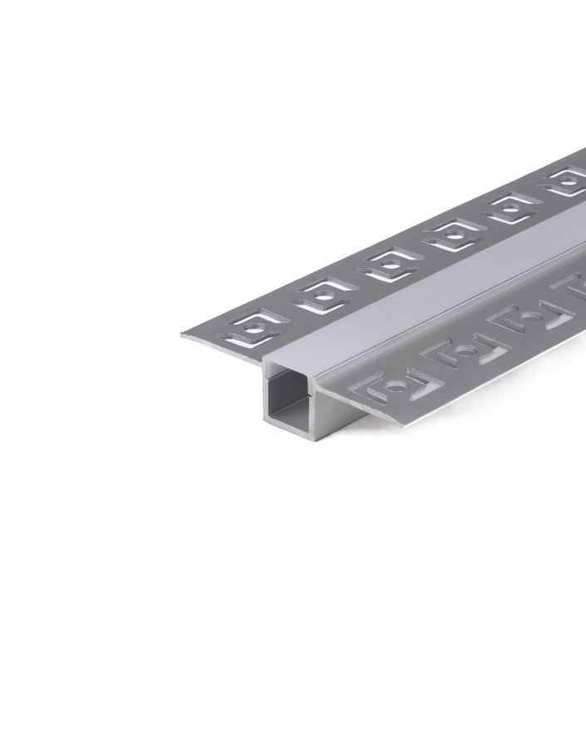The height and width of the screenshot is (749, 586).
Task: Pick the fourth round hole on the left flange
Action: point(453,236)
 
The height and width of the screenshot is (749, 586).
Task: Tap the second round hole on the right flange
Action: point(466,350)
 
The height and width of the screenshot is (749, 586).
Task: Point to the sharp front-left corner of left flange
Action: point(182,335)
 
